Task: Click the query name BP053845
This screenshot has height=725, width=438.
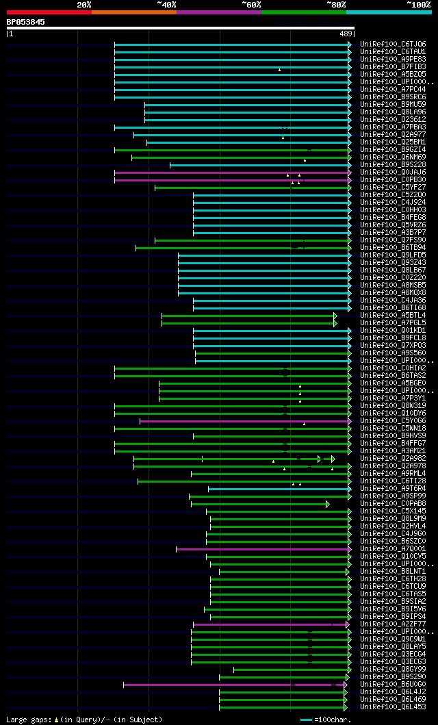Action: click(x=26, y=22)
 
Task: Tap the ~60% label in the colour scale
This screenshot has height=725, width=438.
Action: click(x=251, y=4)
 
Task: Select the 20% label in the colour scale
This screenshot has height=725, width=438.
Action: click(x=83, y=4)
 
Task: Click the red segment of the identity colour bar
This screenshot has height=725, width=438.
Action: click(x=49, y=12)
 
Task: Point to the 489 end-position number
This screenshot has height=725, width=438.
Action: click(x=345, y=34)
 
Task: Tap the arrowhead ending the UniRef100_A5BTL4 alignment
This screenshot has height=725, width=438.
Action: click(x=335, y=316)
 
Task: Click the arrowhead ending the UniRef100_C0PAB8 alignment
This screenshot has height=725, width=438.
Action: click(x=328, y=504)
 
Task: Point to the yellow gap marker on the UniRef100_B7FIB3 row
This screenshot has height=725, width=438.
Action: click(x=279, y=69)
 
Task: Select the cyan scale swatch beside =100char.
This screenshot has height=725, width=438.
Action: click(x=306, y=720)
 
